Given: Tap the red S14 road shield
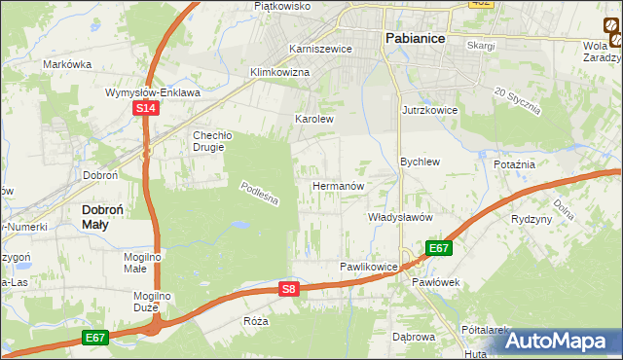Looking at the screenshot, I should coord(144,110).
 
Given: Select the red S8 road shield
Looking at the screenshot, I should coord(288,289).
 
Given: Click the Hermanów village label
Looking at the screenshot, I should coord(338,185).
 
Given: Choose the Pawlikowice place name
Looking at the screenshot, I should coord(369,266).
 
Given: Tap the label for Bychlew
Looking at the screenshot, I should coord(421,162).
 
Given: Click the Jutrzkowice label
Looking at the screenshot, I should coord(429,111).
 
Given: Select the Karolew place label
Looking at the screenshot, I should coord(314,120).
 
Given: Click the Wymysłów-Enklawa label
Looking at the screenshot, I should coord(153,92).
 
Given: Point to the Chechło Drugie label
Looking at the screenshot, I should coord(208,141).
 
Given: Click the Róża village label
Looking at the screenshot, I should coord(256,321).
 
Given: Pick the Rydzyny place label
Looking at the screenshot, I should coord(531,219).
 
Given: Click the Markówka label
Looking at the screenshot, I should coord(67,64).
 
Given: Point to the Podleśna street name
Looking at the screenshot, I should coord(260,194).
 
